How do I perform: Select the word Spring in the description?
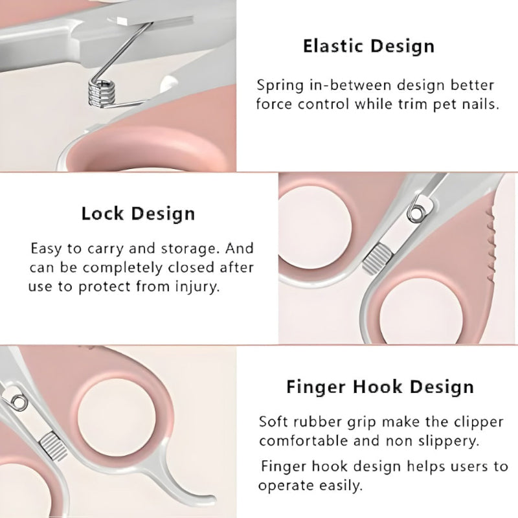[x=279, y=85]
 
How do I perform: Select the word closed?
[x=194, y=267]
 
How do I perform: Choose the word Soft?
[x=274, y=422]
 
